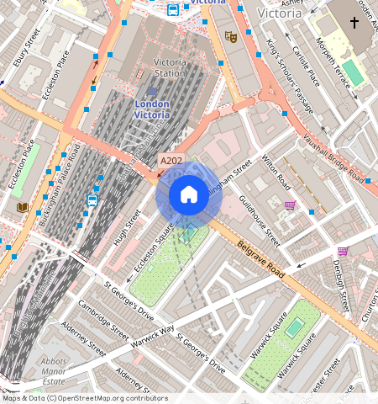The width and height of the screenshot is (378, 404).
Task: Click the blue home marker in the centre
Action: (189, 195)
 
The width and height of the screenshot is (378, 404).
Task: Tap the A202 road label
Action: (171, 160)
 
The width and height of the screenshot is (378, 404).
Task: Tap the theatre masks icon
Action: (230, 36)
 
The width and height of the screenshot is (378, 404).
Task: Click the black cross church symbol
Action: (354, 23)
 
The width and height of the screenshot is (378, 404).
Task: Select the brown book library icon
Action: (22, 207)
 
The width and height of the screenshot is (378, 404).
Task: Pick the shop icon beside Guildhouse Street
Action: (290, 205)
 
